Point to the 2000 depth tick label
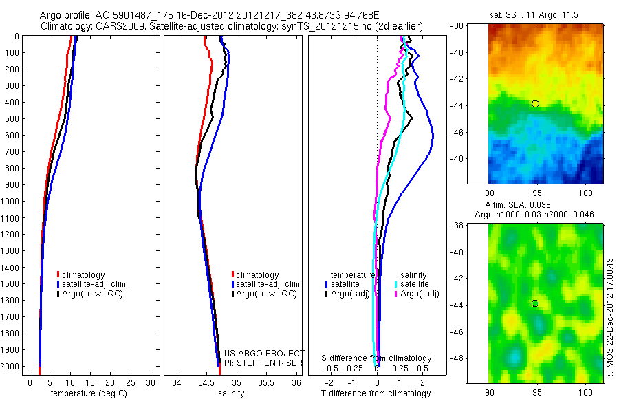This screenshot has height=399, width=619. (10, 366)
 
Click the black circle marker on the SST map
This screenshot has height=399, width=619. (535, 104)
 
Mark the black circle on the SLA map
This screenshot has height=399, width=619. (535, 303)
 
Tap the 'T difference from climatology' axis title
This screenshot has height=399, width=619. (377, 393)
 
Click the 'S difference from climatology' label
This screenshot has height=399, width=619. (377, 358)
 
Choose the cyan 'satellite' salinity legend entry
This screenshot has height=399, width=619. (414, 284)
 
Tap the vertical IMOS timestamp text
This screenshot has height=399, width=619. (610, 317)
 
